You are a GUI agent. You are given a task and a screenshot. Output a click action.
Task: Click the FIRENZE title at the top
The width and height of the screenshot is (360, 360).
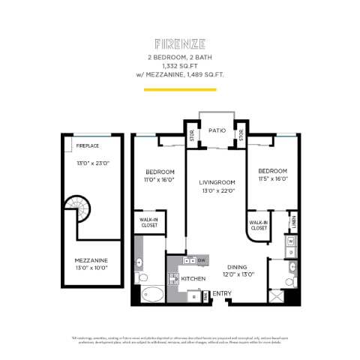[x=180, y=45]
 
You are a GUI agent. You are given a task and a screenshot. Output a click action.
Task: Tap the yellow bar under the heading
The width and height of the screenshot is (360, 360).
[x=180, y=90]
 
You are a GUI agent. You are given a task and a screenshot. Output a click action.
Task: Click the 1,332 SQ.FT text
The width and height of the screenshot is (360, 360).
[x=180, y=64]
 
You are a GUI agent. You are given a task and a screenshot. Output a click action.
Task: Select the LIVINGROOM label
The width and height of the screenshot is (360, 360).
[x=217, y=181]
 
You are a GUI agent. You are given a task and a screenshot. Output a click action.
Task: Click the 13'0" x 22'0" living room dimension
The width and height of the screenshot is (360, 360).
[x=217, y=190]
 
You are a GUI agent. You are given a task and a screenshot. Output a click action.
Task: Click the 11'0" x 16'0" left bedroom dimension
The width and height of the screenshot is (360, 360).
[x=160, y=180]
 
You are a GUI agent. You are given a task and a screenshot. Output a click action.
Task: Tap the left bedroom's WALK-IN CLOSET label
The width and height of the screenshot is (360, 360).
[x=149, y=223]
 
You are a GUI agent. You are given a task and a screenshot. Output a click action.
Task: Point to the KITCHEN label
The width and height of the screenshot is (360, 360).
[x=193, y=278]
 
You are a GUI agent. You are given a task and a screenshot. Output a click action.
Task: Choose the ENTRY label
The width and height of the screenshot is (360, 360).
[x=222, y=293]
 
